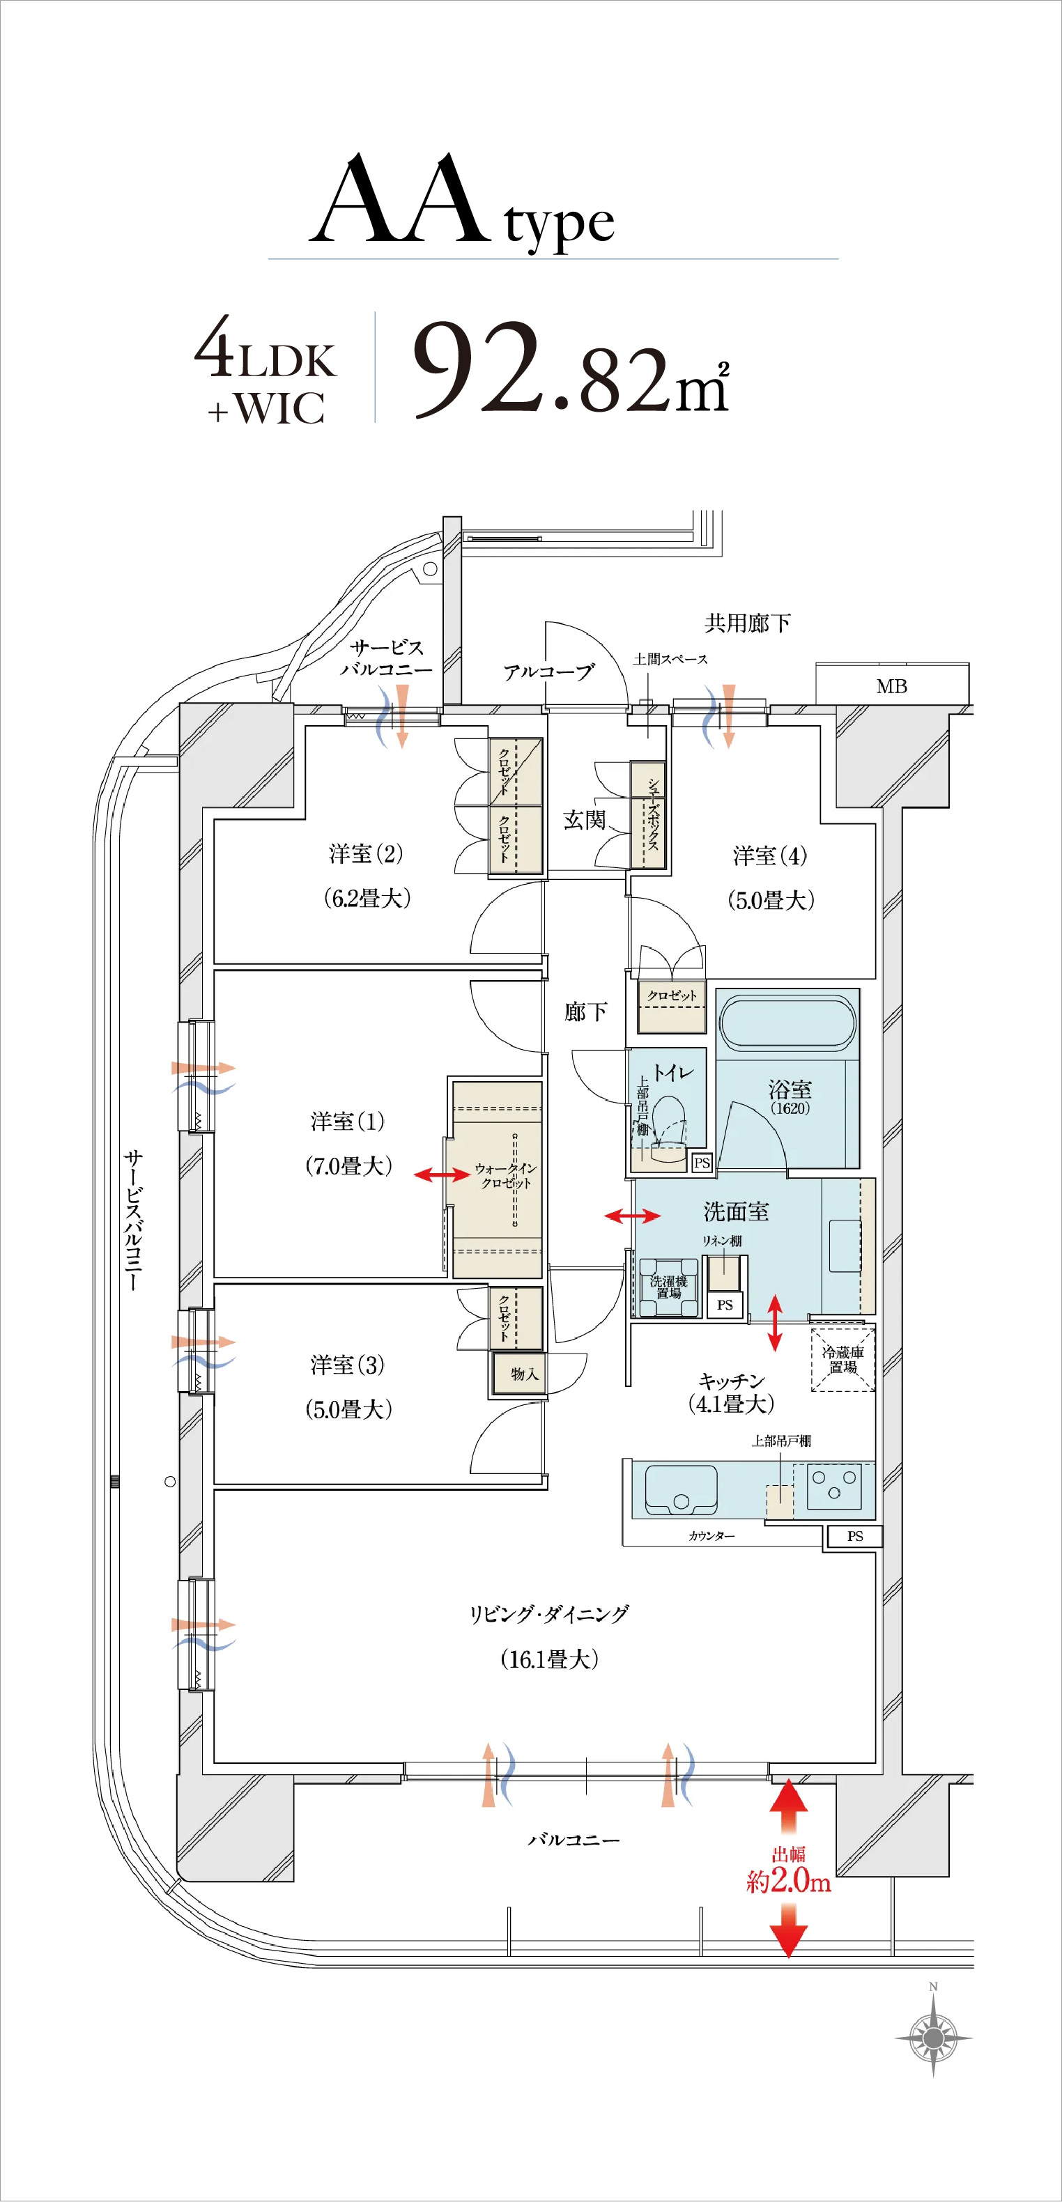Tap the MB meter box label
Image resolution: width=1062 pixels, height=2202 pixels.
[x=892, y=686]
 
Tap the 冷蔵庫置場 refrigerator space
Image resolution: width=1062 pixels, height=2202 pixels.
[x=842, y=1359]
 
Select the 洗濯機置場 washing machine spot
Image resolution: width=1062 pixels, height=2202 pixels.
[x=669, y=1287]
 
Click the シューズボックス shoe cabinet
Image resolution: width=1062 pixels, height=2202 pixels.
[x=648, y=816]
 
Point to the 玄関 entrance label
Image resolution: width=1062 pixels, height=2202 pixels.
[x=584, y=820]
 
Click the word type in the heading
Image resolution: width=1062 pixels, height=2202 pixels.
[x=559, y=224]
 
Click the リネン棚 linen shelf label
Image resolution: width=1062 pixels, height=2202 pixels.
[x=722, y=1241]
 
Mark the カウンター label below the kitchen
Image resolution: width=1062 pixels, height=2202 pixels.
[x=711, y=1536]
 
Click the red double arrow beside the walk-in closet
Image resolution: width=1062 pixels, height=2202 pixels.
[x=442, y=1175]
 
